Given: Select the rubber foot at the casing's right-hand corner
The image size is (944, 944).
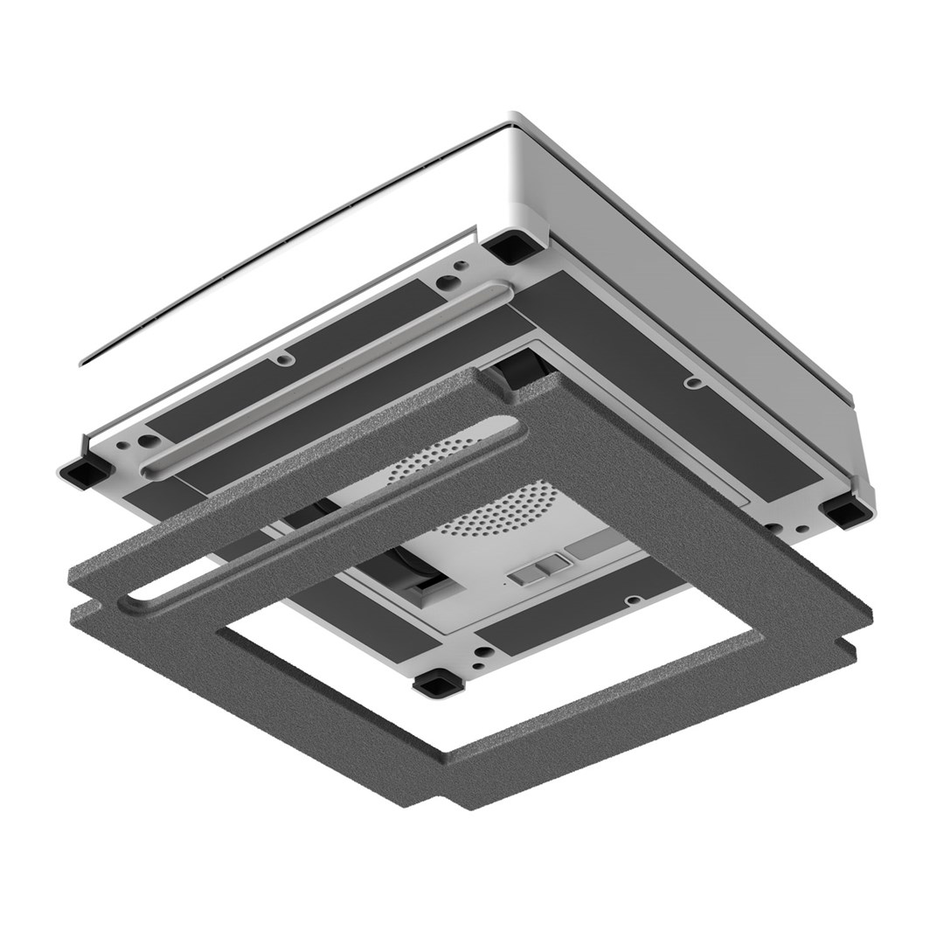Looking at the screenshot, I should pyautogui.click(x=843, y=510).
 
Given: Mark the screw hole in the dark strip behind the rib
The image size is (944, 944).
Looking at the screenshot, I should pyautogui.click(x=284, y=358).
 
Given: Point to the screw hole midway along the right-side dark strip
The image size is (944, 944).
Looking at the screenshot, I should pyautogui.click(x=691, y=381).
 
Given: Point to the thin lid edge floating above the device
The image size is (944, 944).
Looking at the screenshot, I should pyautogui.click(x=262, y=253).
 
